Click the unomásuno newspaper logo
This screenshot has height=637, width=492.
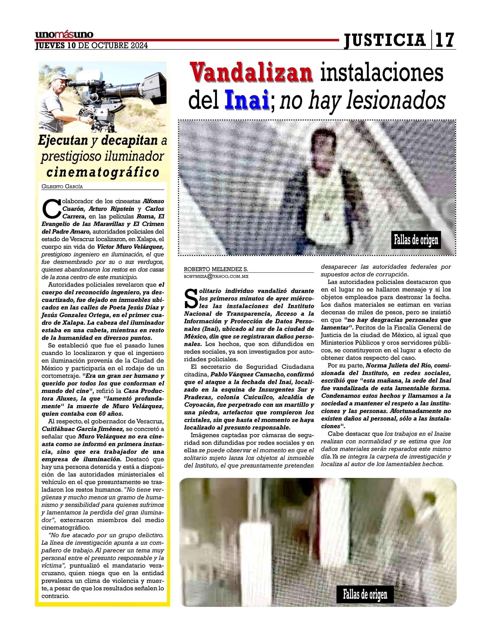pos(64,35)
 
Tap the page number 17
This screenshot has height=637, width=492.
pos(445,40)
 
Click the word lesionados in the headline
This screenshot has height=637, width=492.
pos(395,101)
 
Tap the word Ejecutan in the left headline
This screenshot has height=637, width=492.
pos(63,141)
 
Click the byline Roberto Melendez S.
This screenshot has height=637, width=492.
pos(216,269)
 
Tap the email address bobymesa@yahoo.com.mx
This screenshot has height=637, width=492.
pos(216,276)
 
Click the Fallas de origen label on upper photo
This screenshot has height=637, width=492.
pos(416,240)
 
